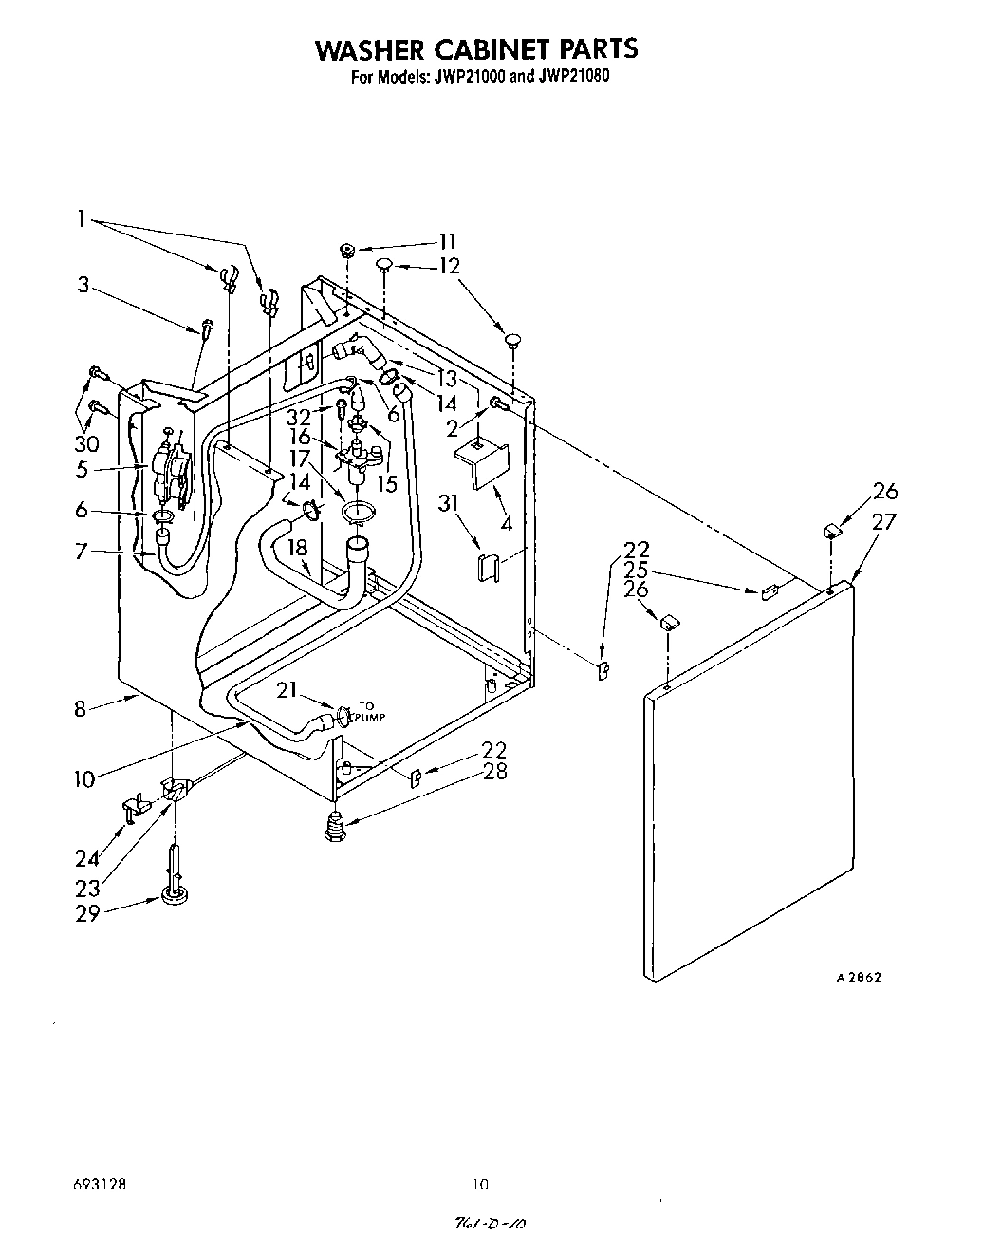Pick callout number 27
[x=884, y=520]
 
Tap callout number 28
[x=493, y=771]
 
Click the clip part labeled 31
[x=487, y=567]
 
